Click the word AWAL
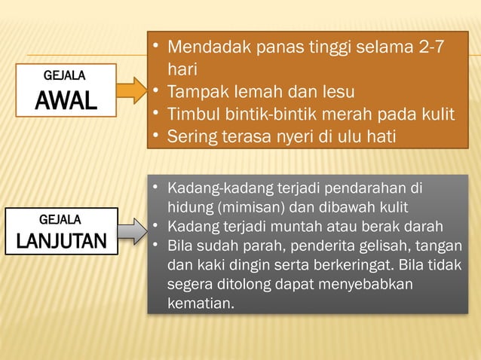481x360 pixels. point(66,99)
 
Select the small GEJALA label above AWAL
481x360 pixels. point(65,76)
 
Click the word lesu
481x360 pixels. point(337,92)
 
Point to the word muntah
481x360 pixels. point(304,227)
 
